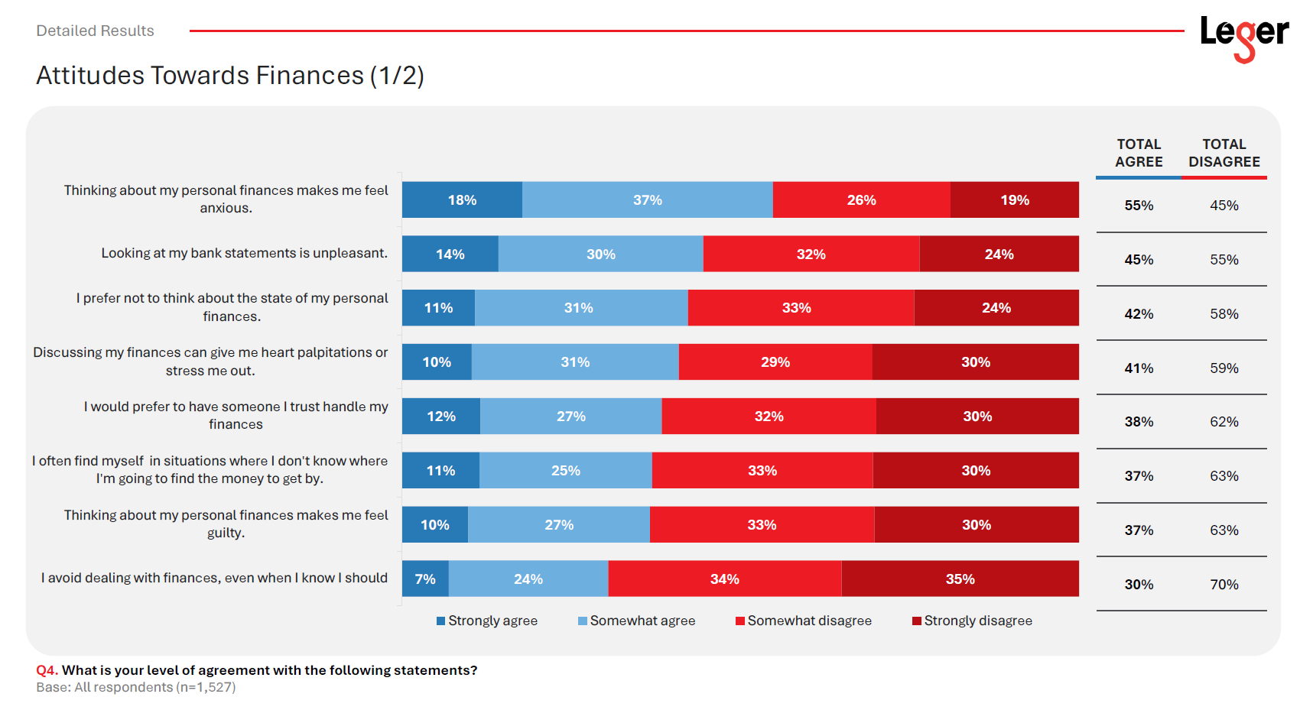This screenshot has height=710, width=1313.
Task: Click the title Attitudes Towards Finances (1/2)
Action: click(230, 76)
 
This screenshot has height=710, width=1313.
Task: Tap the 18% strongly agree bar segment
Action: click(462, 200)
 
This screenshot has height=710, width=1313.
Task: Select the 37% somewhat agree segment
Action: click(648, 200)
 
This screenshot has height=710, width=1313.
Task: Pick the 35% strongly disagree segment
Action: click(960, 579)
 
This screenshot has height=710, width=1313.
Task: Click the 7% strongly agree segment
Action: click(425, 579)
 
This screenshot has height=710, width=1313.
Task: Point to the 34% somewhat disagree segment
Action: click(725, 579)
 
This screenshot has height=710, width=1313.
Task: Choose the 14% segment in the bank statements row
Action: click(450, 254)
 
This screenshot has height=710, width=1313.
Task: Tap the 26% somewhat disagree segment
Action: click(862, 200)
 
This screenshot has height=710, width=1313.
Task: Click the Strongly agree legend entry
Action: click(487, 621)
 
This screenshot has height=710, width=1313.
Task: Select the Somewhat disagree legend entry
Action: click(804, 621)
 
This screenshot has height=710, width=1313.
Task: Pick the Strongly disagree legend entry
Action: click(972, 621)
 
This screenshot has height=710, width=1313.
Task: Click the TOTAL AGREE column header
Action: click(1139, 153)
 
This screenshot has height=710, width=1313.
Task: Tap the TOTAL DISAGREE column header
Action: click(1224, 153)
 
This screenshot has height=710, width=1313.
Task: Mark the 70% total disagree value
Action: click(1224, 585)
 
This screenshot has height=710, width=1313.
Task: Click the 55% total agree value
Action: click(1139, 206)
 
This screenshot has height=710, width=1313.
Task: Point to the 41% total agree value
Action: click(1139, 368)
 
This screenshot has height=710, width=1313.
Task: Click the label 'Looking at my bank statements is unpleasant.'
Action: click(245, 253)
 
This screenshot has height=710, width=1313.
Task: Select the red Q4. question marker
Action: click(47, 670)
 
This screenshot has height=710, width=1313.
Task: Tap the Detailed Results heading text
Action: click(95, 31)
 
